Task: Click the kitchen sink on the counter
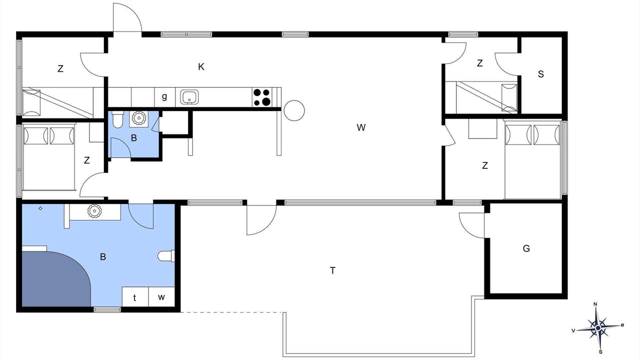pyautogui.click(x=189, y=97)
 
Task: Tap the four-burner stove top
pyautogui.click(x=262, y=97)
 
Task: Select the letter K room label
pyautogui.click(x=201, y=67)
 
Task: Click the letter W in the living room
pyautogui.click(x=361, y=127)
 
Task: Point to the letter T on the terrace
pyautogui.click(x=332, y=270)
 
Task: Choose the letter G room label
pyautogui.click(x=526, y=248)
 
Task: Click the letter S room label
pyautogui.click(x=541, y=74)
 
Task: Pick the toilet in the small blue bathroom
pyautogui.click(x=117, y=119)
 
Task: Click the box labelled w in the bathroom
pyautogui.click(x=161, y=297)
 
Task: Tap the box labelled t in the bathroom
pyautogui.click(x=135, y=297)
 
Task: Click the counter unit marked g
pyautogui.click(x=164, y=97)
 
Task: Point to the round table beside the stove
pyautogui.click(x=294, y=110)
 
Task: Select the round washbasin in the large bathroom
pyautogui.click(x=94, y=211)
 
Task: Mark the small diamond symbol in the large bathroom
pyautogui.click(x=40, y=208)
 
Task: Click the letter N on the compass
pyautogui.click(x=595, y=304)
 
